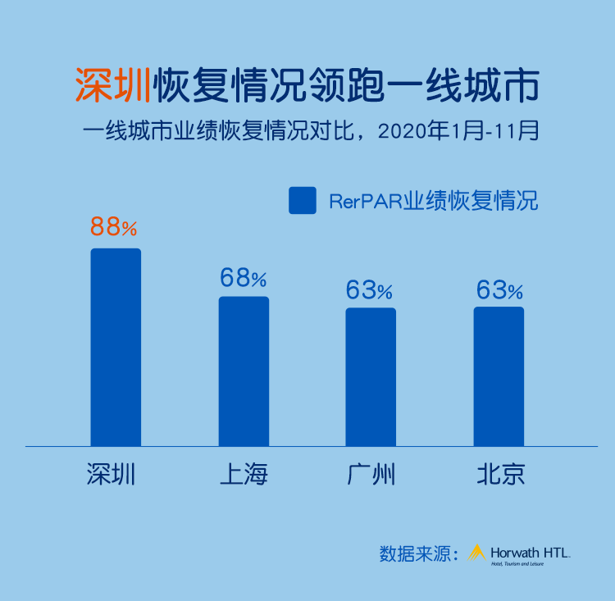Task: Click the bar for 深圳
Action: [116, 347]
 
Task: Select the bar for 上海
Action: [244, 371]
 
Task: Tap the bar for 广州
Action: [371, 376]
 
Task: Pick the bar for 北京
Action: [499, 376]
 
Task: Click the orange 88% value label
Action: [114, 227]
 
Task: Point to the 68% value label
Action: [243, 278]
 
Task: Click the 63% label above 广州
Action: [369, 289]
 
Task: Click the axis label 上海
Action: [244, 474]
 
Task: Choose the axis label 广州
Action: [371, 474]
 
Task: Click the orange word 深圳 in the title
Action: [112, 84]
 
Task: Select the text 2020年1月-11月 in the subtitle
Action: [458, 132]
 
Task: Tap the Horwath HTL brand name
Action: [530, 552]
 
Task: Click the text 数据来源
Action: [417, 553]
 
